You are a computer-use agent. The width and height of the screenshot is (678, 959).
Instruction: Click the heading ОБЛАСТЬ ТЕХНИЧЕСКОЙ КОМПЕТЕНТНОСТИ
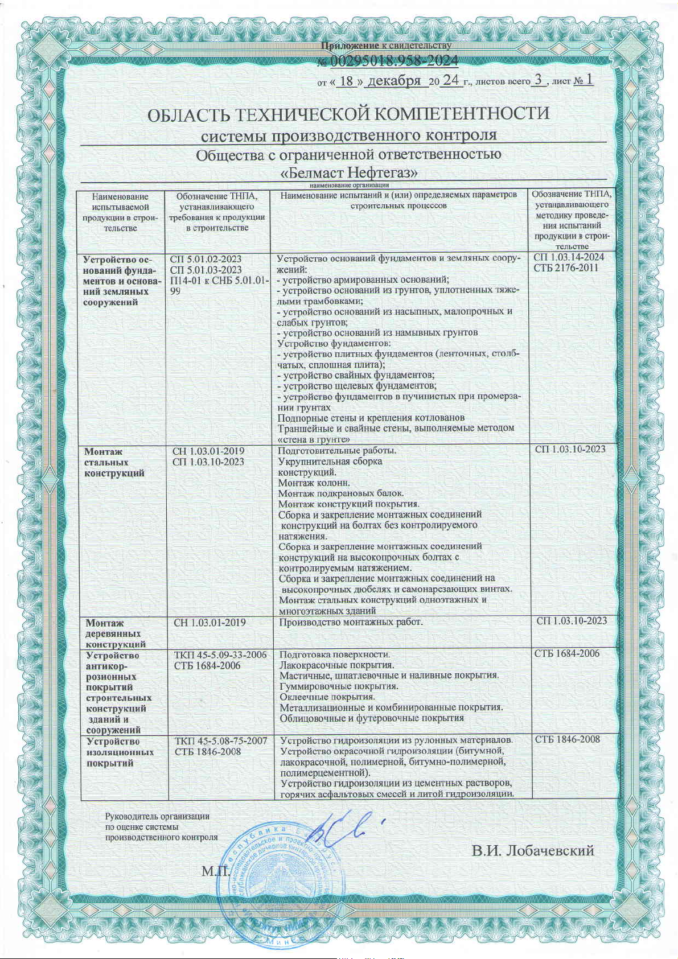point(348,114)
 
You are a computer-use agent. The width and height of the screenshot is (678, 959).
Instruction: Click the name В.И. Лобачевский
point(532,851)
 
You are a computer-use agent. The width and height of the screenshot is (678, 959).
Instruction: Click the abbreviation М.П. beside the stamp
point(215,871)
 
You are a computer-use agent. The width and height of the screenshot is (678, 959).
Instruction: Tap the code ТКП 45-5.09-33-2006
point(220,655)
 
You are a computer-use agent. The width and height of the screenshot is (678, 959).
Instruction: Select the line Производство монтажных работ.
point(351,622)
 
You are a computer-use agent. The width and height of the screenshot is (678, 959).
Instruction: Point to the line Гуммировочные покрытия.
point(339,686)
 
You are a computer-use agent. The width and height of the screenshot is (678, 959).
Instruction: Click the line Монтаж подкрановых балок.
point(341,493)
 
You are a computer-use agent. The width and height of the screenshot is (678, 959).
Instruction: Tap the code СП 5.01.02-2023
point(206,259)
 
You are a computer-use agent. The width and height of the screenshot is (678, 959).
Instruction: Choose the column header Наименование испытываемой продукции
point(120,212)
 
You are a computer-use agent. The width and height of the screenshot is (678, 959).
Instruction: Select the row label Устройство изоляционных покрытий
point(120,752)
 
